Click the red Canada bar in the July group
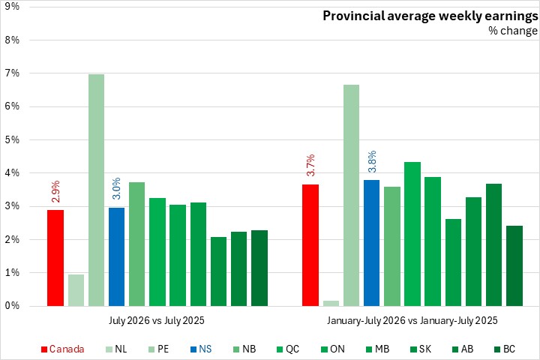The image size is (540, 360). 55,258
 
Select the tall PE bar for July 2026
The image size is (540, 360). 97,190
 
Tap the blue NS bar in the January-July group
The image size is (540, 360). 371,243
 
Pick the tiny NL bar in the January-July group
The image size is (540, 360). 331,303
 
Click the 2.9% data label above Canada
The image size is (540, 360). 55,191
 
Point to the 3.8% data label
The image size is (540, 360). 372,161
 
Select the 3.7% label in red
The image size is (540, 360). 310,165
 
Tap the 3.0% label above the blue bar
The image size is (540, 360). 117,188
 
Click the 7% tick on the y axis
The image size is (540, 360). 12,73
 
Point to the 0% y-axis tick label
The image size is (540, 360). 12,306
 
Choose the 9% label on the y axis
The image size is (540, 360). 12,7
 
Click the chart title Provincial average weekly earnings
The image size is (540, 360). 430,16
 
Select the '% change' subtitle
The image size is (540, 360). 513,31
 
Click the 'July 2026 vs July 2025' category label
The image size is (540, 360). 157,321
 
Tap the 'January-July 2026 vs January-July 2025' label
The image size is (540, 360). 412,321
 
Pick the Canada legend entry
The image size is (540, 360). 63,349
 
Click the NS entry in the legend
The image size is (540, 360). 201,349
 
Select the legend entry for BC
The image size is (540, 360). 505,349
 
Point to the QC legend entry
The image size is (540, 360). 288,349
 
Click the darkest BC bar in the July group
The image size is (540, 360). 259,268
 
